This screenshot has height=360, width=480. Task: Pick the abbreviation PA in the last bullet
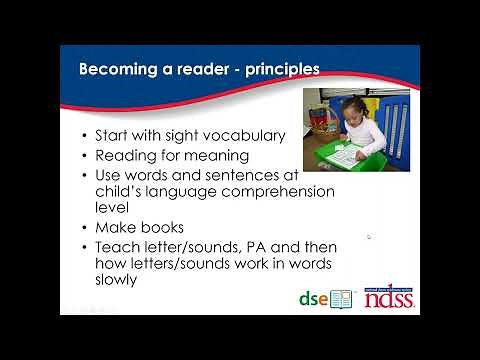261,246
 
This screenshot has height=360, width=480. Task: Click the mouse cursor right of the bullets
369,237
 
